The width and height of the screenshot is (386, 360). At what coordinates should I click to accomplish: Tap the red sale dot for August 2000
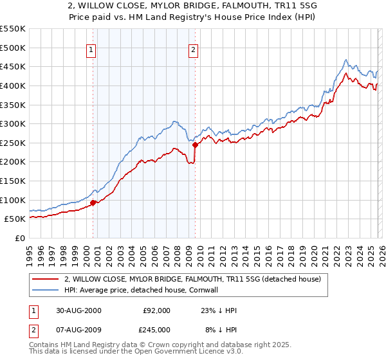(x=93, y=203)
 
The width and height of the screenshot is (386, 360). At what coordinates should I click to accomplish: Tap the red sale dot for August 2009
(x=195, y=145)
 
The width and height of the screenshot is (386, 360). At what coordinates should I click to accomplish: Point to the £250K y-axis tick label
(x=13, y=143)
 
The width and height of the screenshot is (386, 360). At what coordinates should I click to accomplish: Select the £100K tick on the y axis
(x=13, y=200)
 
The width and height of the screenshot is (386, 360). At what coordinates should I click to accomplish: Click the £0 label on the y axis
(x=21, y=238)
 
